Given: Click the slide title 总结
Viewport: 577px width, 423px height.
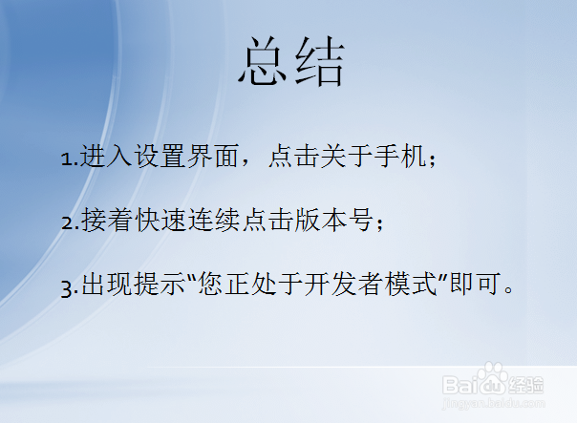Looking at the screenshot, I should coord(290,65).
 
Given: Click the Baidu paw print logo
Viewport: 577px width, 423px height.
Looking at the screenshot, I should coord(493,381).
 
